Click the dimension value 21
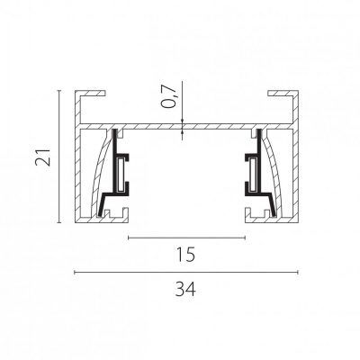pyautogui.click(x=43, y=157)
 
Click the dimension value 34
pyautogui.click(x=185, y=290)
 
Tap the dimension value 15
pyautogui.click(x=185, y=254)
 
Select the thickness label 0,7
pyautogui.click(x=168, y=95)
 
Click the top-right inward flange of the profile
pyautogui.click(x=281, y=94)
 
